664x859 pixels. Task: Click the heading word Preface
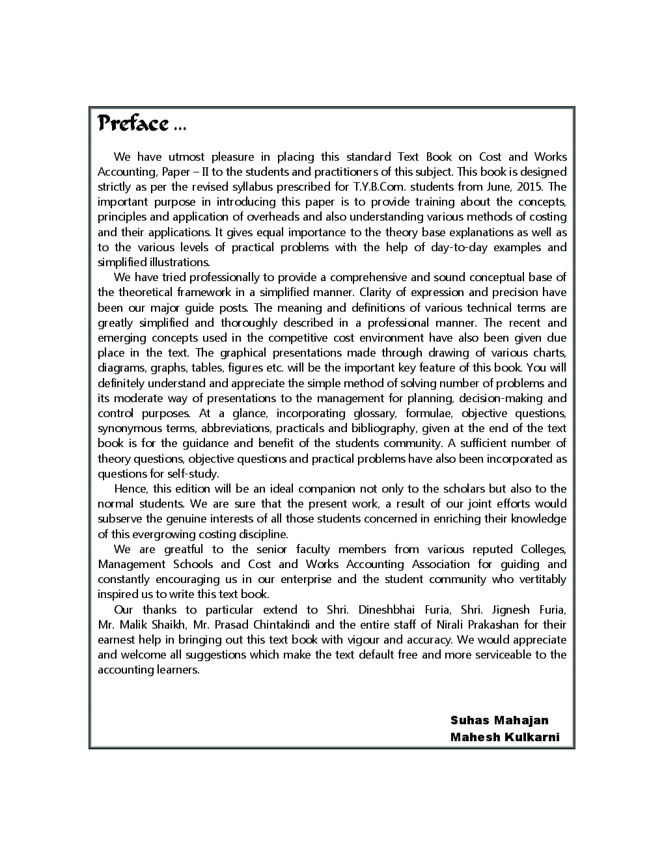[x=133, y=123]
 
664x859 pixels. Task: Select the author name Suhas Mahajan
[x=499, y=720]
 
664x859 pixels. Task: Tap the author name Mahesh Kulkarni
[x=505, y=737]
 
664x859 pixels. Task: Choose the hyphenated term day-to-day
[x=458, y=247]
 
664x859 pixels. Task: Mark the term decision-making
[x=499, y=398]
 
